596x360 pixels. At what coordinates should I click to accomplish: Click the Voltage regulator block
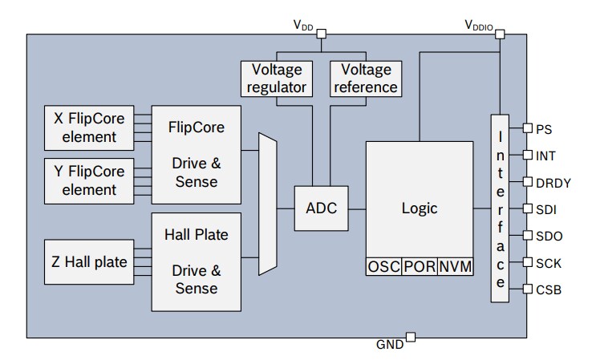(x=277, y=78)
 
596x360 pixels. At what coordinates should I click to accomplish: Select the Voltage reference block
(x=365, y=78)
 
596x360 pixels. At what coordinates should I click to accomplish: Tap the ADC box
(x=322, y=208)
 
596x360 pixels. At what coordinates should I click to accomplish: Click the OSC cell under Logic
(x=383, y=267)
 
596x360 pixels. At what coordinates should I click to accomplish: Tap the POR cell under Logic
(x=420, y=267)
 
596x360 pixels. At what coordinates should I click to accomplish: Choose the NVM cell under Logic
(x=456, y=267)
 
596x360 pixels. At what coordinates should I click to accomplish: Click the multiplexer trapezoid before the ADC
(x=267, y=204)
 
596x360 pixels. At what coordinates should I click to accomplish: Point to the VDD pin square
(x=321, y=34)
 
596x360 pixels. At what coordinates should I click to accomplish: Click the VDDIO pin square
(x=500, y=34)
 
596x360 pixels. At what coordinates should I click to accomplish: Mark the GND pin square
(x=410, y=337)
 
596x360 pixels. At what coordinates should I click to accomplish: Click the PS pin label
(x=544, y=128)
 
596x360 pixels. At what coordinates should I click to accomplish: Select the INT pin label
(x=545, y=155)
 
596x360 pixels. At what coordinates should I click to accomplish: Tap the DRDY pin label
(x=553, y=182)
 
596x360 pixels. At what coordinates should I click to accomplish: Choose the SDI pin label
(x=545, y=209)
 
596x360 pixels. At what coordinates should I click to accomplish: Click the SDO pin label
(x=548, y=236)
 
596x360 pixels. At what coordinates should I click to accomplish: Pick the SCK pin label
(x=548, y=262)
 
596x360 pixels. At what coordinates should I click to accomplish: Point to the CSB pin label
(x=548, y=289)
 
